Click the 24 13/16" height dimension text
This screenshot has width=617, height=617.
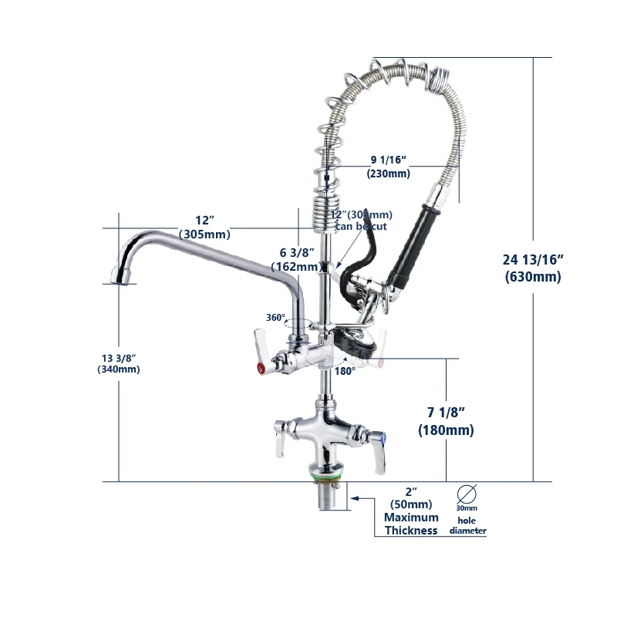533,259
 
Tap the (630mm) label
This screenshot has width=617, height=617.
533,277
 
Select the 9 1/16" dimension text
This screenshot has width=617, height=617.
388,159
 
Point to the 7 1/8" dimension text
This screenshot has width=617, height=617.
445,413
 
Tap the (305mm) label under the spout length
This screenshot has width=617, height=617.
204,234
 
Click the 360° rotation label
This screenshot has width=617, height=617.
275,317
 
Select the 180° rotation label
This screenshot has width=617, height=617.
344,371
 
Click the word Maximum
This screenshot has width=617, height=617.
411,517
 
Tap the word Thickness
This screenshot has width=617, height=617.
411,530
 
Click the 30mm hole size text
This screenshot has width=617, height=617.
466,508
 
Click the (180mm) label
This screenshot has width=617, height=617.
445,430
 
